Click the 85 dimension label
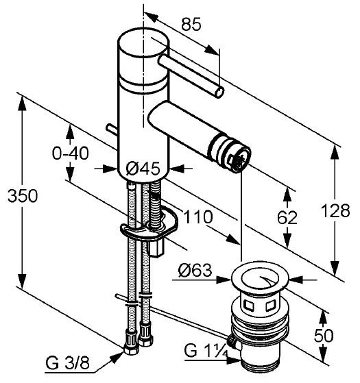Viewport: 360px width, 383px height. click(x=191, y=24)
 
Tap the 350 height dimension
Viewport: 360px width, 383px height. click(x=23, y=196)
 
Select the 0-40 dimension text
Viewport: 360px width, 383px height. click(x=71, y=153)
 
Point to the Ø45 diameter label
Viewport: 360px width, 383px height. click(x=143, y=169)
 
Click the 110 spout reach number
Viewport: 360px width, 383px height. click(x=198, y=217)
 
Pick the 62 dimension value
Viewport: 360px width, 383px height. click(x=287, y=217)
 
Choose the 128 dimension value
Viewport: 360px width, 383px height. click(x=335, y=211)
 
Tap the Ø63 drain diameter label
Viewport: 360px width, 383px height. click(x=195, y=270)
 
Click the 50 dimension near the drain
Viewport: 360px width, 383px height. click(x=324, y=335)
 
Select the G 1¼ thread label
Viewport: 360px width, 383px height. click(x=206, y=350)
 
